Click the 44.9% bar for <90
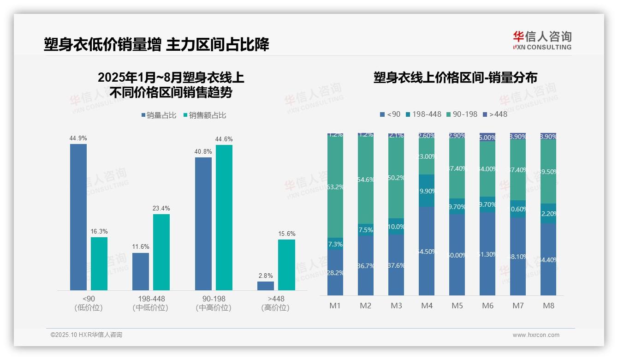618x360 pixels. (78, 217)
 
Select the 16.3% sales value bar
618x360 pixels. (99, 264)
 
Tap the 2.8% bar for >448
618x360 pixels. (266, 286)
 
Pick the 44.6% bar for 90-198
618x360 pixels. (224, 217)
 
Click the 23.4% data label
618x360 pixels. (161, 208)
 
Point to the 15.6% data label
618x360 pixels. (286, 234)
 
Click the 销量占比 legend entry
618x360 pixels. (159, 115)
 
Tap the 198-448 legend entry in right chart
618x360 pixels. (422, 114)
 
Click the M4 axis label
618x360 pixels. (427, 306)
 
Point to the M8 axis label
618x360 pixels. (548, 306)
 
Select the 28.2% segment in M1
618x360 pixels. (335, 272)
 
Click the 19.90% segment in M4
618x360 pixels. (427, 191)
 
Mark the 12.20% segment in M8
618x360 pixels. (548, 214)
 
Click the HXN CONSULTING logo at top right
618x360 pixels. (542, 41)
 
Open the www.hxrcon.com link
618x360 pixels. (536, 335)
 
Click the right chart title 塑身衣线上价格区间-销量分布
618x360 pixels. (455, 78)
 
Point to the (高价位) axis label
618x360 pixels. (275, 308)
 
